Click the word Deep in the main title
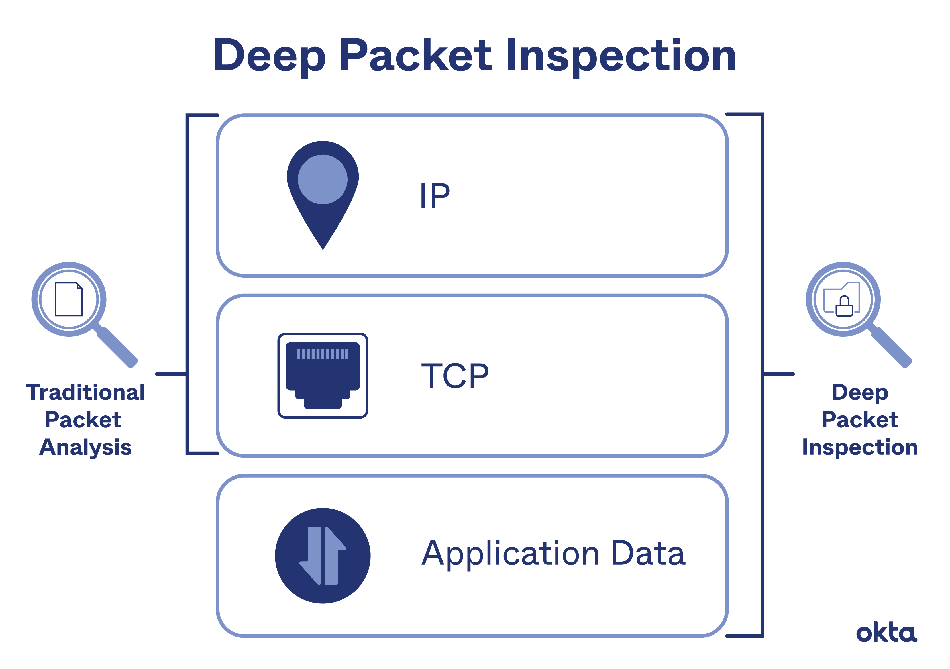click(269, 56)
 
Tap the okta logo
click(886, 633)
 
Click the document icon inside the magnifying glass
click(69, 299)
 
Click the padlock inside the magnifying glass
click(844, 307)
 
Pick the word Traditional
click(85, 392)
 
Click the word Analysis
click(85, 447)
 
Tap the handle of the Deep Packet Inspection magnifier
click(892, 347)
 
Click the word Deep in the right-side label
click(860, 392)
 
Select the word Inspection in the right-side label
click(860, 447)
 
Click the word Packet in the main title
click(415, 56)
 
